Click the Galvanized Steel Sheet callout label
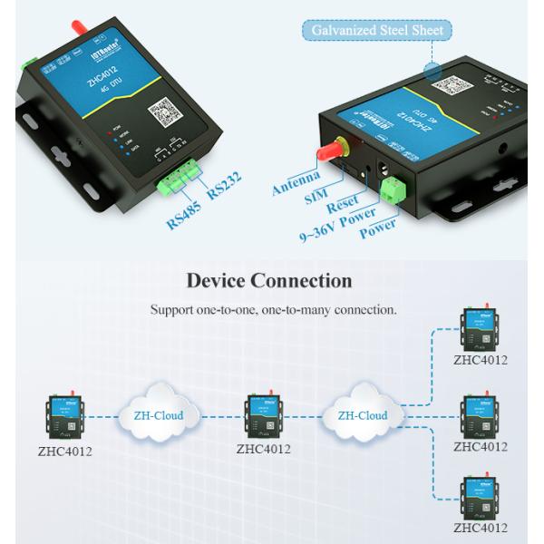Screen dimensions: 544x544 click(x=374, y=31)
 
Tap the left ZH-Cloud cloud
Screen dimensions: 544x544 click(x=157, y=415)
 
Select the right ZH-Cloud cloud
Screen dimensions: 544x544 click(x=363, y=415)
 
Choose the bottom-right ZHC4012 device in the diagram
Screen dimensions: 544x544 click(x=480, y=497)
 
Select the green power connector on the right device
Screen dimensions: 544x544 click(x=393, y=188)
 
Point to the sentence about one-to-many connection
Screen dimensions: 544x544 click(x=273, y=310)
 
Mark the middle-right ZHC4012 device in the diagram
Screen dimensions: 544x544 click(x=480, y=414)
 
